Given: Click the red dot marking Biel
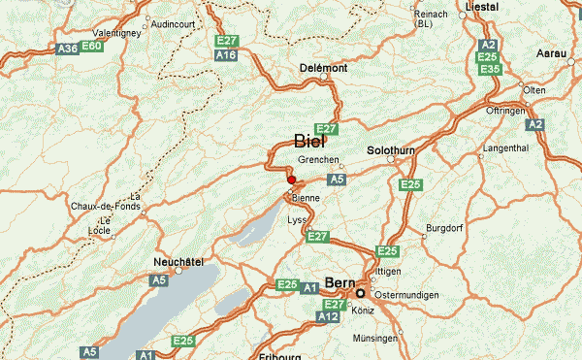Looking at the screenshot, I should coord(291,179).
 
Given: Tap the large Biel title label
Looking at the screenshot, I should coord(309,141).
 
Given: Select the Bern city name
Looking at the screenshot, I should coord(339,282).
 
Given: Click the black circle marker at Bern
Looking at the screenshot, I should coord(360,293).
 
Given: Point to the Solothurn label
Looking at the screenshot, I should coord(391,150).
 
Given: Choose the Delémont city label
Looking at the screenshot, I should coord(322,68).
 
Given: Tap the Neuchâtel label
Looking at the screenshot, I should coord(179,263).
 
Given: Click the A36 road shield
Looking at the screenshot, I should coord(66,47).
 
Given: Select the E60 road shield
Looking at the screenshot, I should coord(92,47).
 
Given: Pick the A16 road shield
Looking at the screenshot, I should coord(227,55).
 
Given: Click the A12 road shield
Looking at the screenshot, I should coord(330,316).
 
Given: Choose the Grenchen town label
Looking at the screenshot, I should coord(319,159).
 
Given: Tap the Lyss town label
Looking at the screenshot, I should coord(297,220).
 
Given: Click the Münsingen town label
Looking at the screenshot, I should coord(375,339).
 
